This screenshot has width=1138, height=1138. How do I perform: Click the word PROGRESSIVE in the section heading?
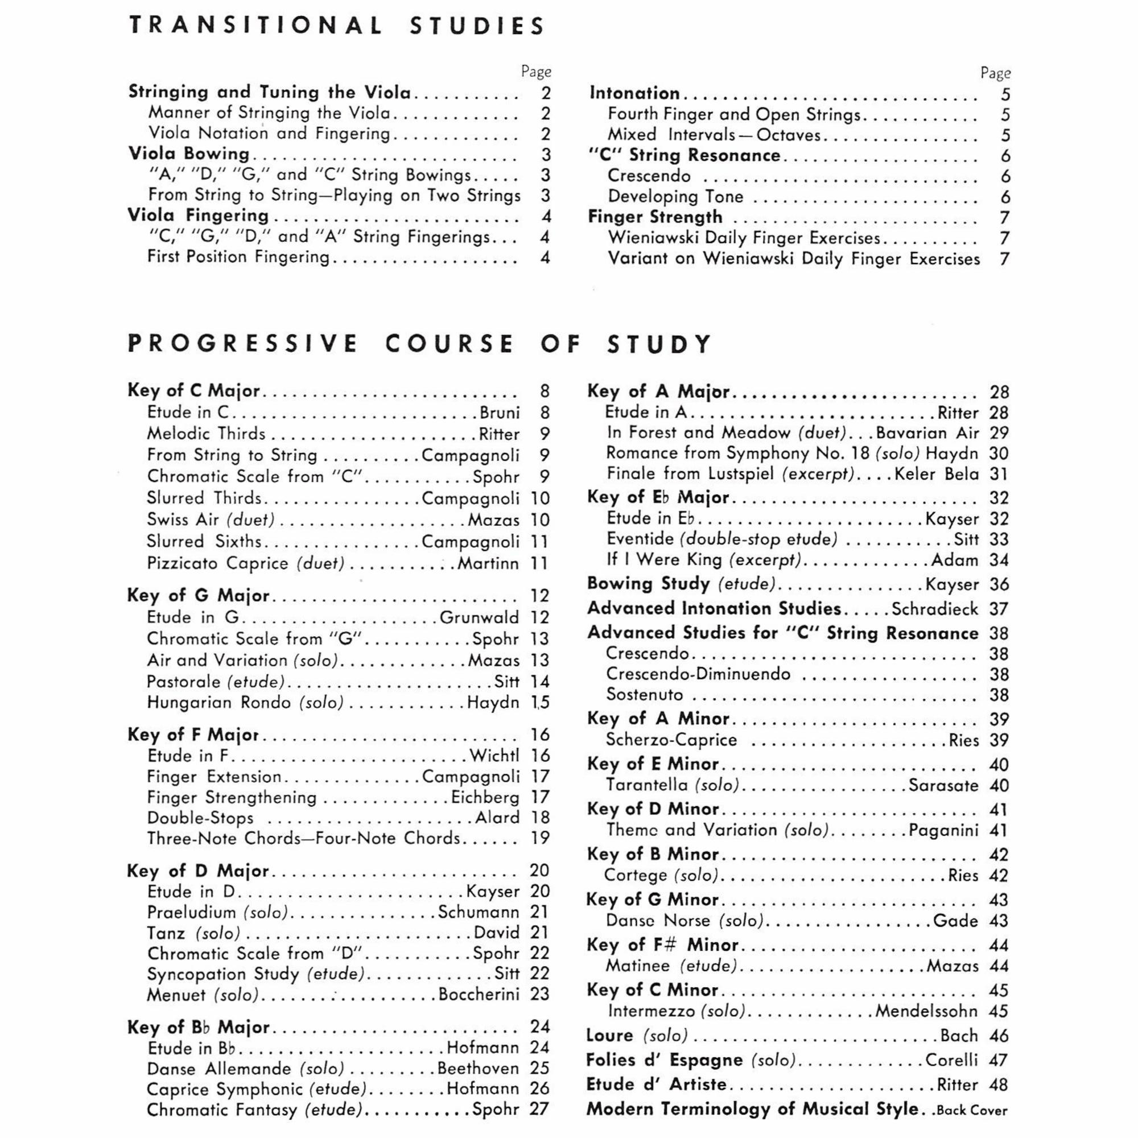coord(243,344)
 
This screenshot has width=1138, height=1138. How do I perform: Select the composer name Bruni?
coord(500,413)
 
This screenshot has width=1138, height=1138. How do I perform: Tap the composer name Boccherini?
coord(479,994)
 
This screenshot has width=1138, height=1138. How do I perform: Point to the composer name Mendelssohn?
coord(926,1011)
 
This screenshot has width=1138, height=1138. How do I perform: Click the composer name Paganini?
coord(943,830)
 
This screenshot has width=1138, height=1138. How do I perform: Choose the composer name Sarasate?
coord(943,785)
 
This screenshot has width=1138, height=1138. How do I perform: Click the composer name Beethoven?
coord(478,1069)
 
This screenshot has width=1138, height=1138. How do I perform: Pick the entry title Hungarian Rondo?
coord(218,703)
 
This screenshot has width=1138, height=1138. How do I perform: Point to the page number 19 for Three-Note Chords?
coord(539,838)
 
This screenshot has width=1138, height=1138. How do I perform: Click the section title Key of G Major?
coord(198,596)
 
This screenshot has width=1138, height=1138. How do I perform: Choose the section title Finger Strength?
coord(655,217)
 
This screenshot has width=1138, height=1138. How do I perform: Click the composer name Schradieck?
coord(935,608)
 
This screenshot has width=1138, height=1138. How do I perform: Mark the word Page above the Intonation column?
coord(995,73)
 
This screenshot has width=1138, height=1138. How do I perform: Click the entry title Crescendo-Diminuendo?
coord(698,674)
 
